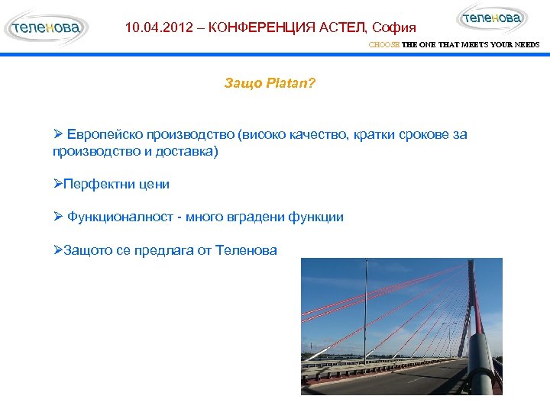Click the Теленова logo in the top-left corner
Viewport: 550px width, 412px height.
point(45,28)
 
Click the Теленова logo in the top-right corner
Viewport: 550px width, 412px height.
point(492,18)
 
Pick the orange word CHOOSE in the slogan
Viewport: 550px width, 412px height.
point(384,45)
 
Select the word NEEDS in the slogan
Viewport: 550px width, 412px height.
point(527,45)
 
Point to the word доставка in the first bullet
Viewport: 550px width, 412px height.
point(184,151)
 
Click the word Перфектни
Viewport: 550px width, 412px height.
point(98,184)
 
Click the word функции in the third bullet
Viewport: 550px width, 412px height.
point(316,217)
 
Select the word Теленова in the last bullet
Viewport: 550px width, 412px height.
point(246,249)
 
